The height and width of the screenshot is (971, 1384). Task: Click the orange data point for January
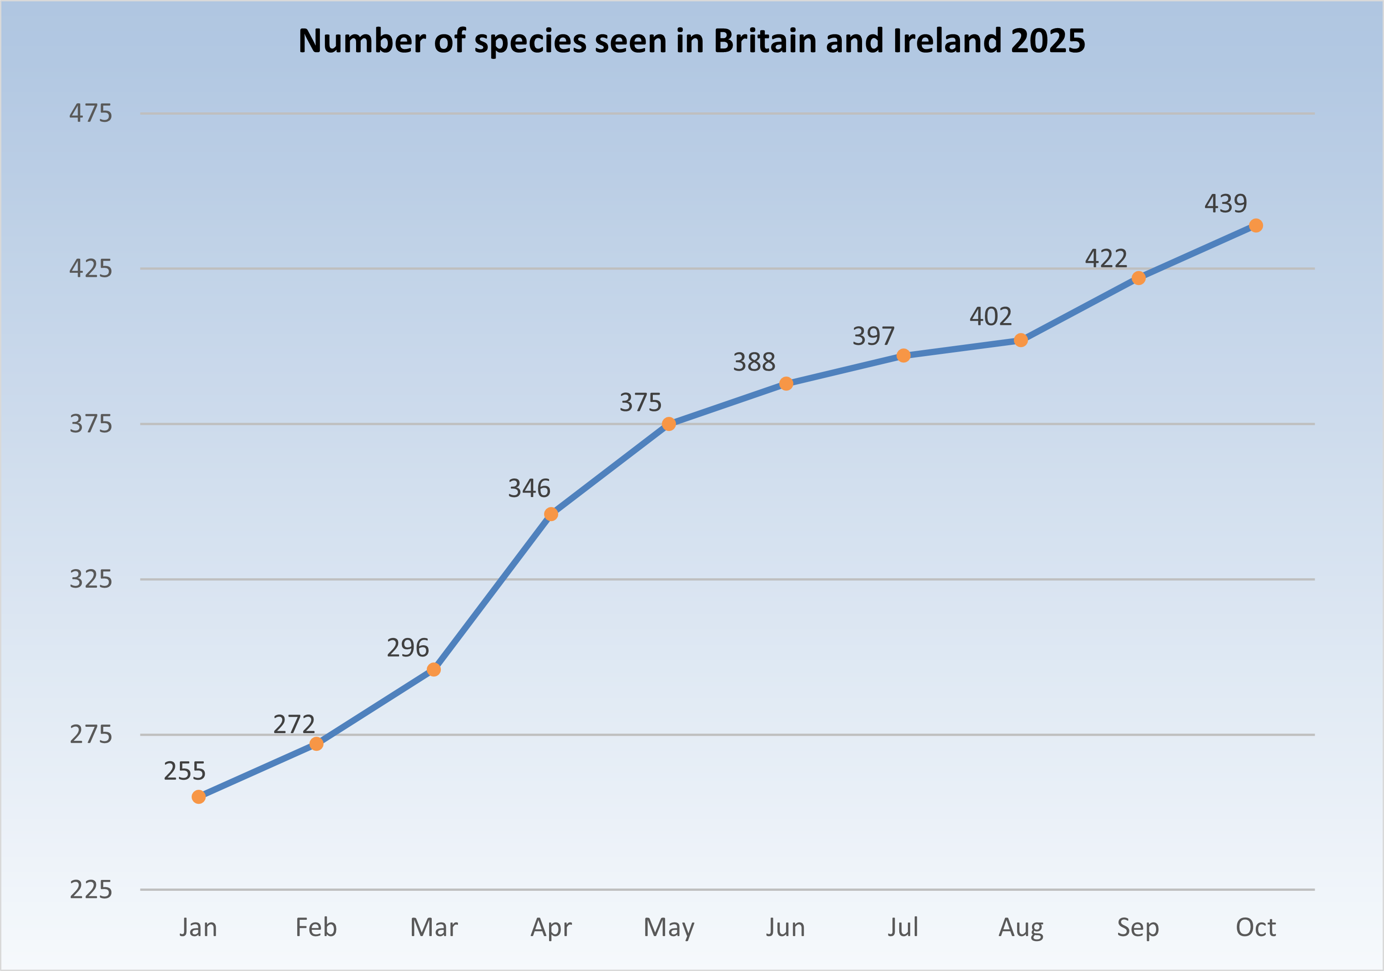tap(198, 797)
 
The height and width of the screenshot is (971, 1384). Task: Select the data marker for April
tap(551, 514)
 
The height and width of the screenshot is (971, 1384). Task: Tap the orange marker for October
tap(1256, 226)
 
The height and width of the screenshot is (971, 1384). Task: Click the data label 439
tap(1225, 204)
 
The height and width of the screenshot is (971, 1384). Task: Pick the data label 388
tap(754, 362)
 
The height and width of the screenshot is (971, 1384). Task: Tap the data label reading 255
tap(184, 771)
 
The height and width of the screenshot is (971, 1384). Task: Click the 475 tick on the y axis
tap(91, 113)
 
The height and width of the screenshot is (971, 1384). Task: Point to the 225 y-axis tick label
tap(91, 889)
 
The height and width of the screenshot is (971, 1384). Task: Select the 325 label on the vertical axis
tap(91, 579)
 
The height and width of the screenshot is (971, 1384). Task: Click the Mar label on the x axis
tap(434, 928)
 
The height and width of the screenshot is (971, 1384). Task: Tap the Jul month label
tap(903, 928)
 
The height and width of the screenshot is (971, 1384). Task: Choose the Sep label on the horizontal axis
tap(1138, 928)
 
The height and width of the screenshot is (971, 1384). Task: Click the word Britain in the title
tap(764, 41)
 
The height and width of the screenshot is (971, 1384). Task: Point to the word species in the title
tap(530, 41)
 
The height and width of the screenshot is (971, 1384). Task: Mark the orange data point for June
tap(786, 383)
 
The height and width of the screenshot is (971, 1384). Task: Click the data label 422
tap(1106, 259)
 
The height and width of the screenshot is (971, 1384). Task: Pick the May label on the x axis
tap(669, 928)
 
